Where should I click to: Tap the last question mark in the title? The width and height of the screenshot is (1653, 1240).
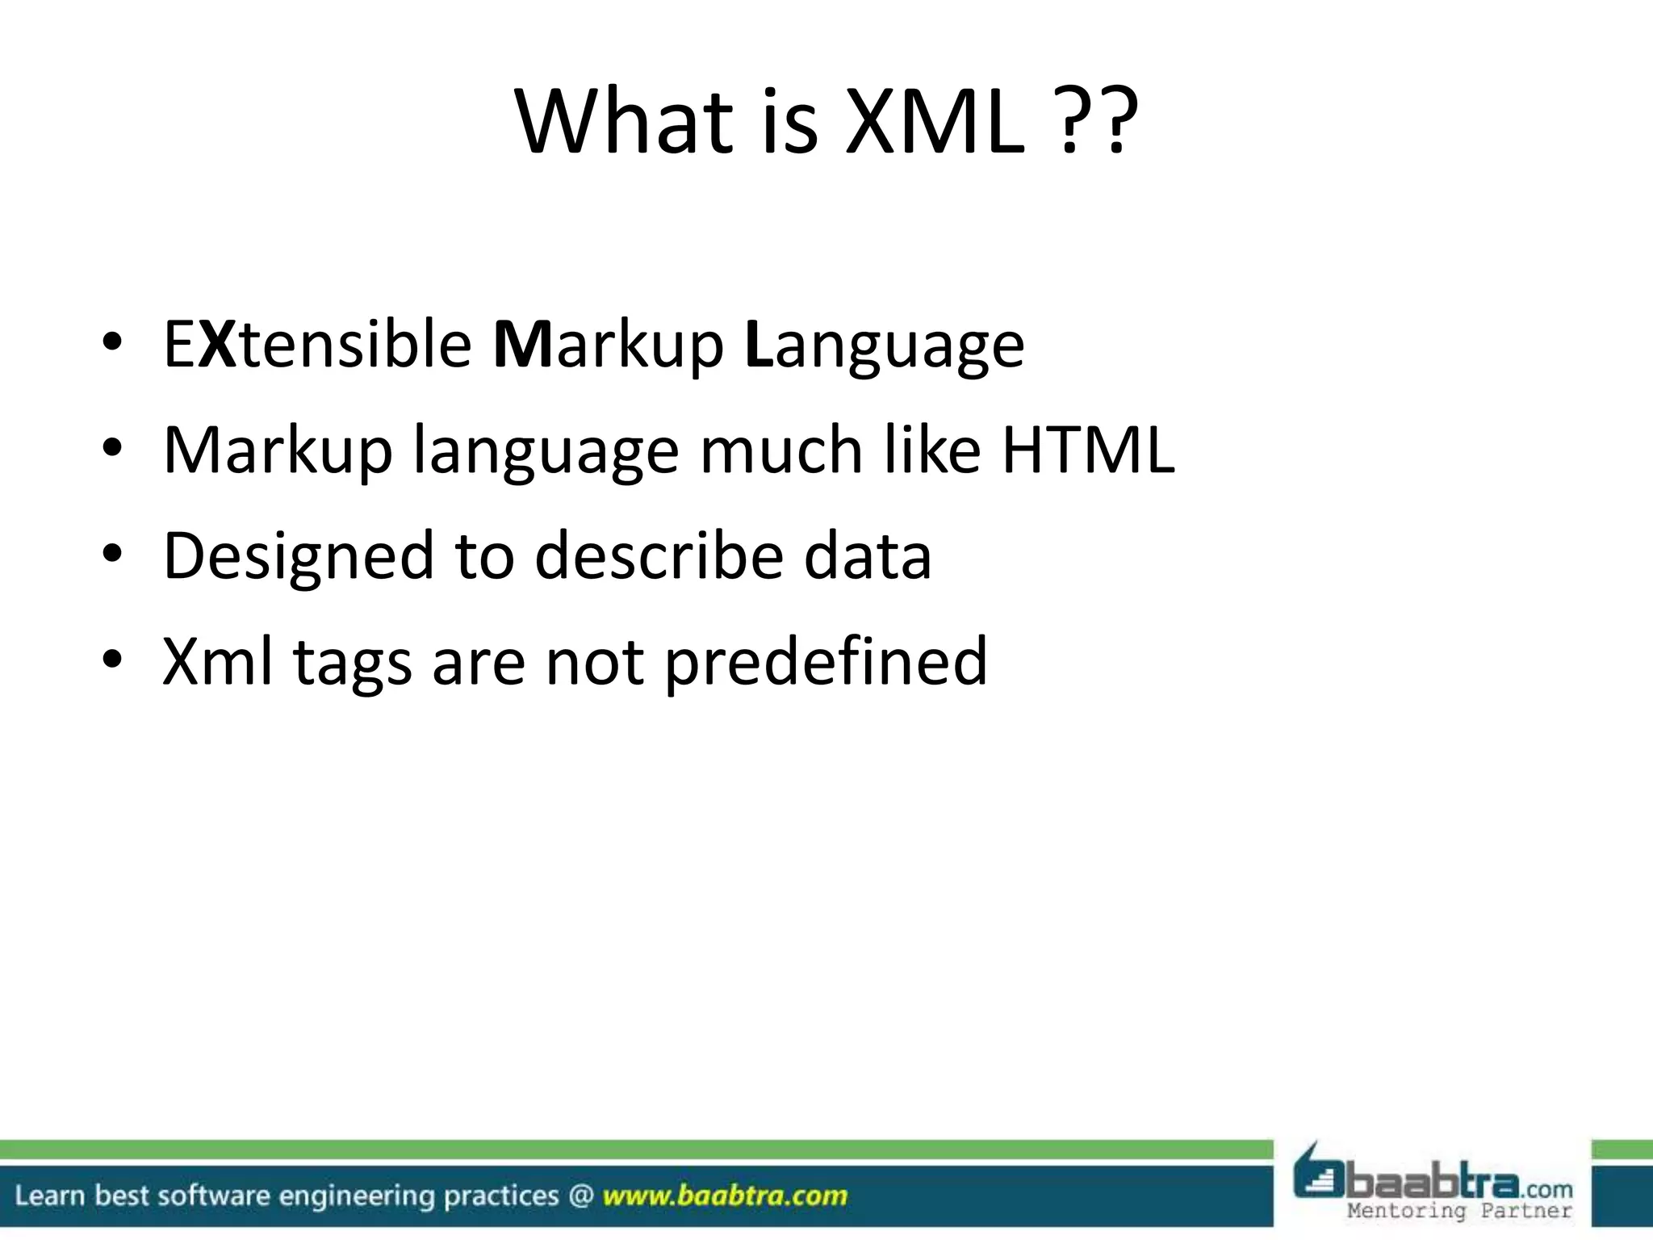1115,123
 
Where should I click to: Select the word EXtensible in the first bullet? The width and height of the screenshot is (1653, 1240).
317,345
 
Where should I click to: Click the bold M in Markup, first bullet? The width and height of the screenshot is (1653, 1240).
521,345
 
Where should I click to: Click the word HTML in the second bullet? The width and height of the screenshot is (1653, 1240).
1088,450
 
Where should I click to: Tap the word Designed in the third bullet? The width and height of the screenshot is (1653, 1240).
299,557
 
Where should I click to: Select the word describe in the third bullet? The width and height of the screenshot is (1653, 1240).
659,557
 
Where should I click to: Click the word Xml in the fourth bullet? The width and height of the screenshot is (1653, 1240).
218,662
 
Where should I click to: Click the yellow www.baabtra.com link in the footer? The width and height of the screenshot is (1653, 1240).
725,1196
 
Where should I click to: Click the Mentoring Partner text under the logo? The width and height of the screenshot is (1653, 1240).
1459,1211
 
